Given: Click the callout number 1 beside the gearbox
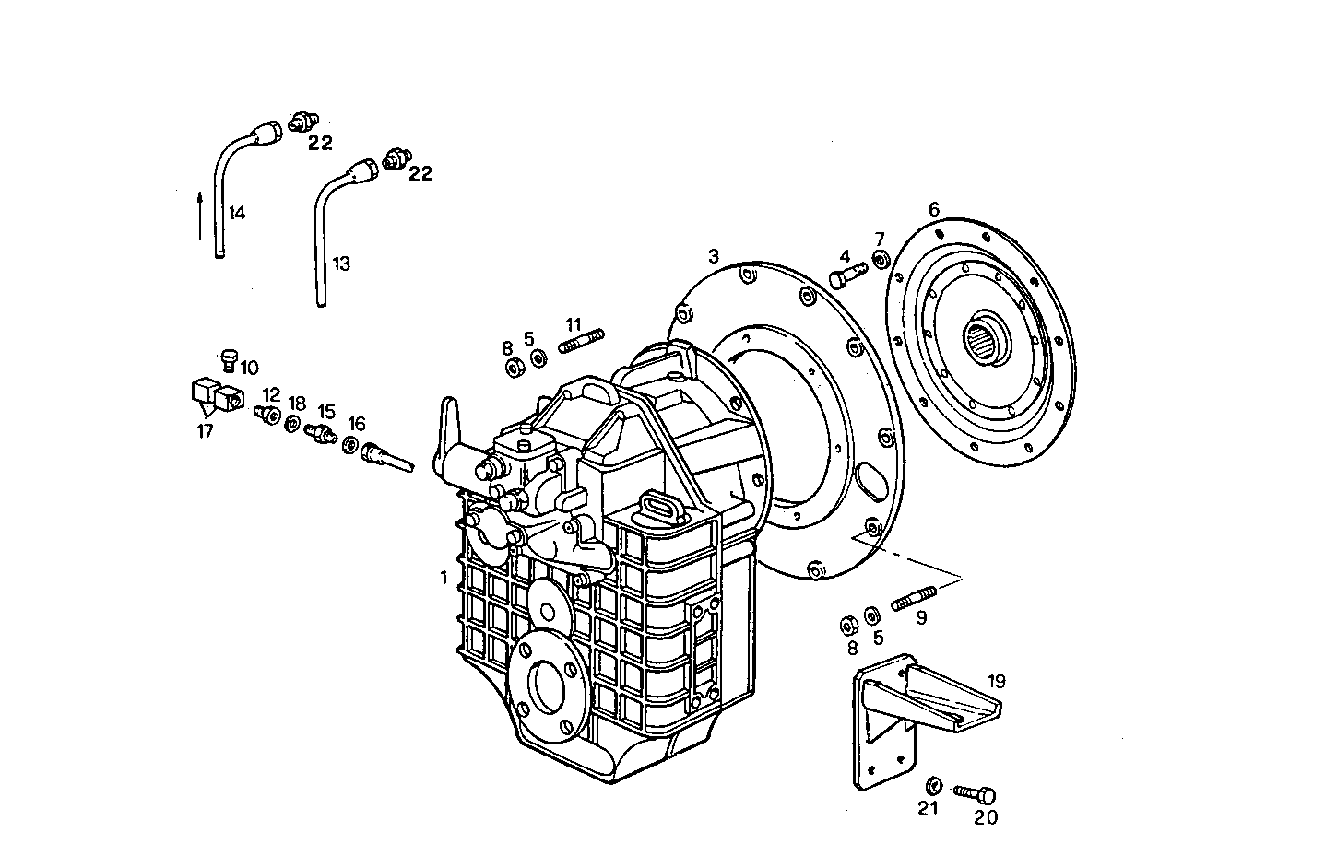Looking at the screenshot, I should (x=444, y=578).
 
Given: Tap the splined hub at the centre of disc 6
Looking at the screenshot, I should (x=985, y=342).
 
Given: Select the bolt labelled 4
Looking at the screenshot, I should (x=847, y=275).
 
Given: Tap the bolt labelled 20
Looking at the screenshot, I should (x=975, y=792).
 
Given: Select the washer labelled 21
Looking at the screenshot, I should (x=933, y=785).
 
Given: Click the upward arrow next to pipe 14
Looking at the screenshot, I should (x=200, y=215).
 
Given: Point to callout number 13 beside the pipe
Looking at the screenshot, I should (x=341, y=264).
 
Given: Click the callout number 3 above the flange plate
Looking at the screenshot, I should (x=713, y=254).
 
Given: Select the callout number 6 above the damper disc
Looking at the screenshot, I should (x=933, y=209).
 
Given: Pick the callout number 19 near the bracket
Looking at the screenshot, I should (x=996, y=682).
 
